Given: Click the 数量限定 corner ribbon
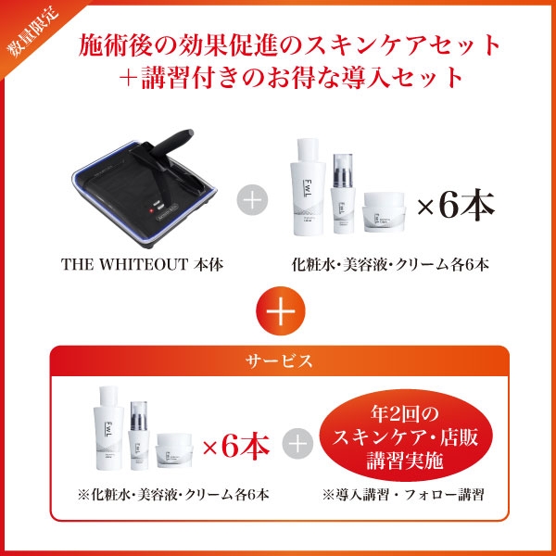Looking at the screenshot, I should coord(25,25).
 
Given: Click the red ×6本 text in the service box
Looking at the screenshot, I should coord(235,447).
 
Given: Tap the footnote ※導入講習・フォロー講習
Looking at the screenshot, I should coord(404,494).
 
